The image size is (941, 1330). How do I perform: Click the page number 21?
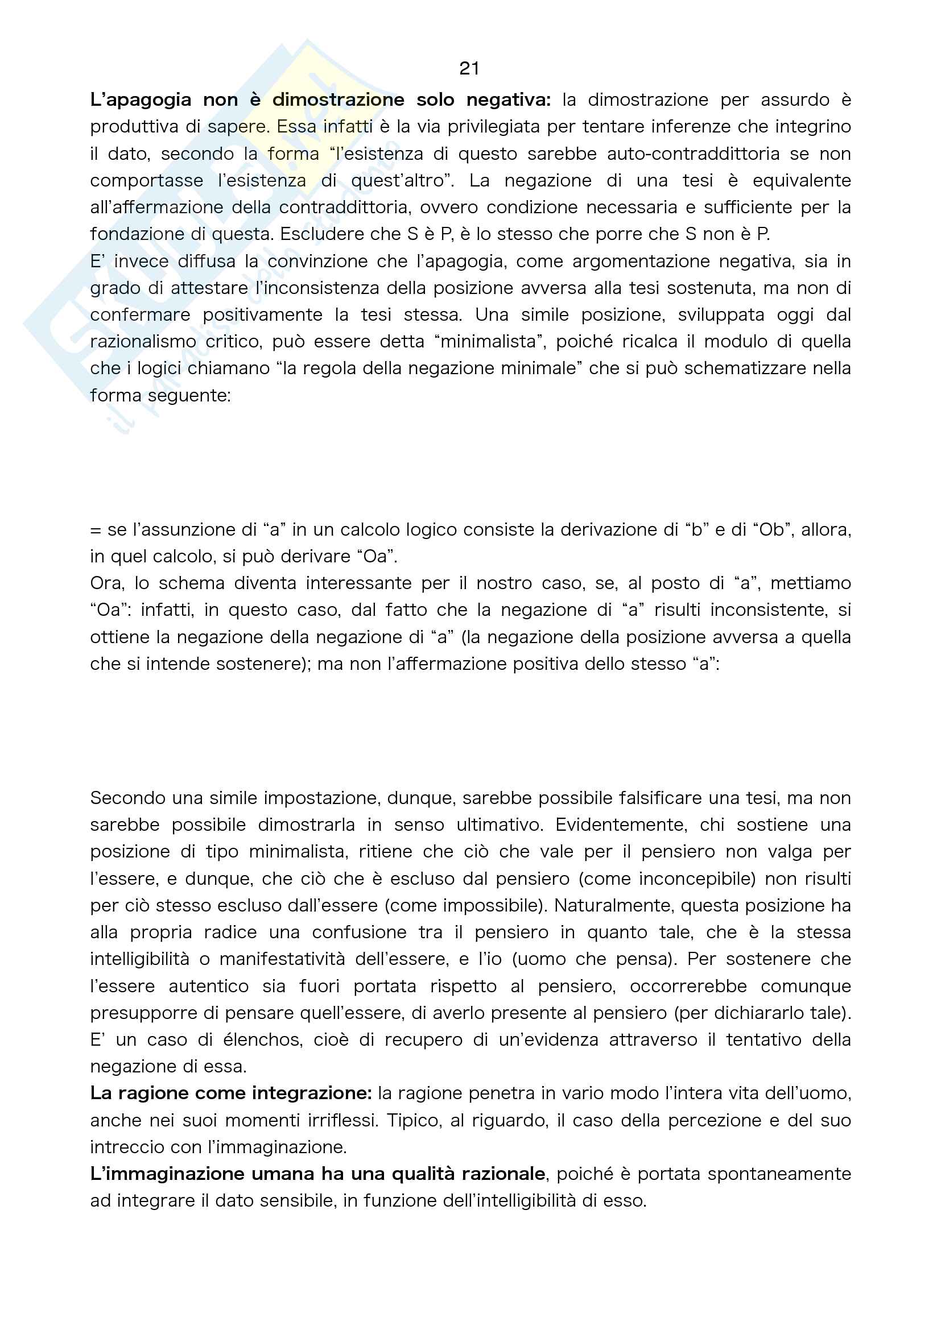pyautogui.click(x=469, y=68)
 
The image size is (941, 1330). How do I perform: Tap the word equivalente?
pyautogui.click(x=802, y=180)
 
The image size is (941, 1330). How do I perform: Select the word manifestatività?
pyautogui.click(x=282, y=959)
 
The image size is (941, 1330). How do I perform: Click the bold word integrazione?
pyautogui.click(x=312, y=1093)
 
